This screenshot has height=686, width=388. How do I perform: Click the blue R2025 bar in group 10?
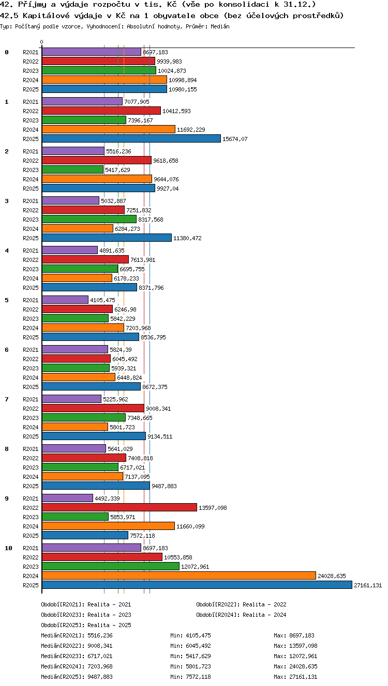pos(197,585)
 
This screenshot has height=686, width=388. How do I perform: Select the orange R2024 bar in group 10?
pos(179,576)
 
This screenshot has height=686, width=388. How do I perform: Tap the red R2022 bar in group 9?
pos(120,507)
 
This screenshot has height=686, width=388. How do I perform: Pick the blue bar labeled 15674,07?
pos(131,139)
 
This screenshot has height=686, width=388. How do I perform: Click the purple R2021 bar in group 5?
pos(65,300)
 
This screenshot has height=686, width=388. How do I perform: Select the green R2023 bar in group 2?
pos(73,169)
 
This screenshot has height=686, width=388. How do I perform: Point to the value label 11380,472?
pos(187,238)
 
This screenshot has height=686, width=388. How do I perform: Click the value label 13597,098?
pos(213,508)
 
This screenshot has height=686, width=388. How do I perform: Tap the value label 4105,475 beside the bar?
pos(102,300)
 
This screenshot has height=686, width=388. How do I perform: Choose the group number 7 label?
pos(7,399)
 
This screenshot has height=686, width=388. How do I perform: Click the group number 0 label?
pos(7,52)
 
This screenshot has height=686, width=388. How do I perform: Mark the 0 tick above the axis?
pos(42,42)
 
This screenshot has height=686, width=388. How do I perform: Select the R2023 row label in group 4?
pos(31,269)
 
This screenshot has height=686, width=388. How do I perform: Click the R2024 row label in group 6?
pos(31,378)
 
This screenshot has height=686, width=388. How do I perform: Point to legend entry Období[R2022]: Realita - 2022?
pos(241,604)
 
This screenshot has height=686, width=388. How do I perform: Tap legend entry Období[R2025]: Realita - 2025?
pos(86,625)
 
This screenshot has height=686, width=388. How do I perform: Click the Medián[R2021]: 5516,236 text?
pos(77,635)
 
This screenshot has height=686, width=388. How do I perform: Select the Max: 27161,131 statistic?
pos(296,677)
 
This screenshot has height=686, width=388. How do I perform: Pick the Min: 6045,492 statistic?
pos(190,646)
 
